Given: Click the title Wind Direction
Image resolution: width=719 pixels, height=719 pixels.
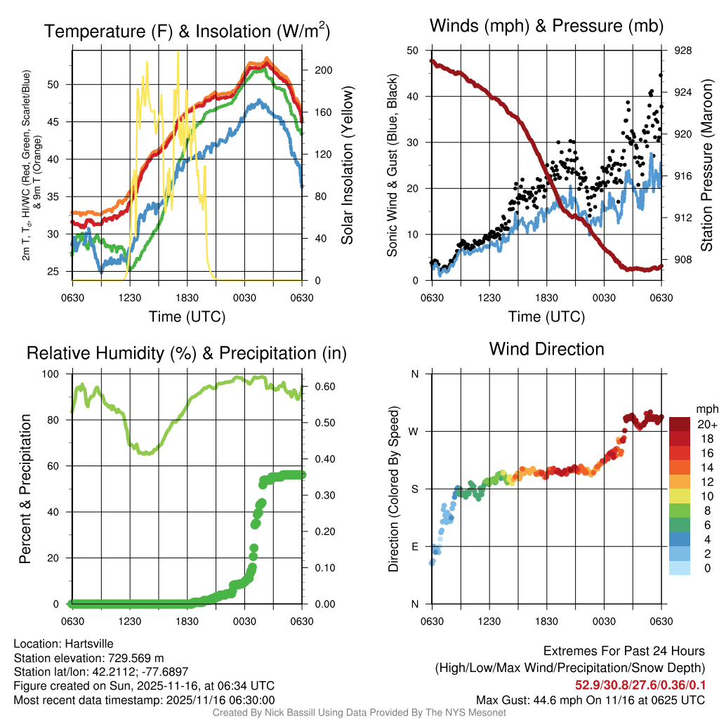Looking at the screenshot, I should click(x=546, y=349).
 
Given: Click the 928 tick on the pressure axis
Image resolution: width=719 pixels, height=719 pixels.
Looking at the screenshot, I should click(x=682, y=51).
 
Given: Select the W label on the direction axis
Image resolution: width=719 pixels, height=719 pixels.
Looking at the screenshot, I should click(x=414, y=431).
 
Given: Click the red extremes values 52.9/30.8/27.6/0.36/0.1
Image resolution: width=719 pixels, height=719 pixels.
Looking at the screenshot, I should click(x=641, y=685).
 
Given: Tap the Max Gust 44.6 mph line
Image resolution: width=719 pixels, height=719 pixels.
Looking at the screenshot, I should click(x=591, y=700).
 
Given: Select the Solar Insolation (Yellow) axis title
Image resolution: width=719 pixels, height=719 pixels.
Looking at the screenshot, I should click(x=347, y=166).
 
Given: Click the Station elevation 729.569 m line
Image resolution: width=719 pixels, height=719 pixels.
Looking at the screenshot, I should click(x=88, y=658).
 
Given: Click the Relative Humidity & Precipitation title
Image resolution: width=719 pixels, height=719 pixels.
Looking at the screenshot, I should click(x=187, y=353).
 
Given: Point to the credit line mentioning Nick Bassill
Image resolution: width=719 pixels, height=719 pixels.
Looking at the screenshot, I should click(x=359, y=713).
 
